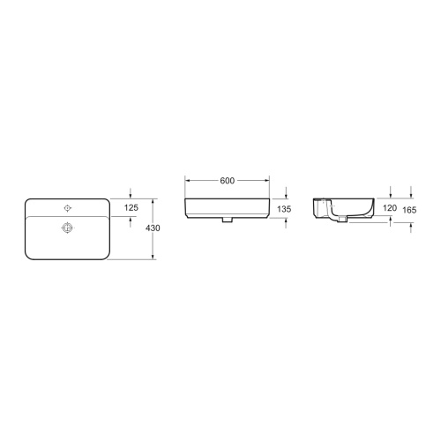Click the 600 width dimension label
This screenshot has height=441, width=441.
pos(227,181)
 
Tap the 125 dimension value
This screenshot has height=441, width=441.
pos(131,207)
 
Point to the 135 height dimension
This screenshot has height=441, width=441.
pos(284,210)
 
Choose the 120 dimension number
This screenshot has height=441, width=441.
pos(389,207)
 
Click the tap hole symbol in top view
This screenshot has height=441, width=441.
pos(66,208)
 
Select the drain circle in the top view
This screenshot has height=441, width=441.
pos(66,228)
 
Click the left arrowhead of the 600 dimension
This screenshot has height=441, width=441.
pos(186,181)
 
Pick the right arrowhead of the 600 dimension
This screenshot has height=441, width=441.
pos(269,181)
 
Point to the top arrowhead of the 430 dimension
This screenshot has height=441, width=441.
pos(153,201)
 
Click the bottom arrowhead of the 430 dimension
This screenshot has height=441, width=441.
pos(153,258)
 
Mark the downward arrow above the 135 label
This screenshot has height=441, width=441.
pos(287,196)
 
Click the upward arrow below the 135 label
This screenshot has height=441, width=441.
pos(287,221)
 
